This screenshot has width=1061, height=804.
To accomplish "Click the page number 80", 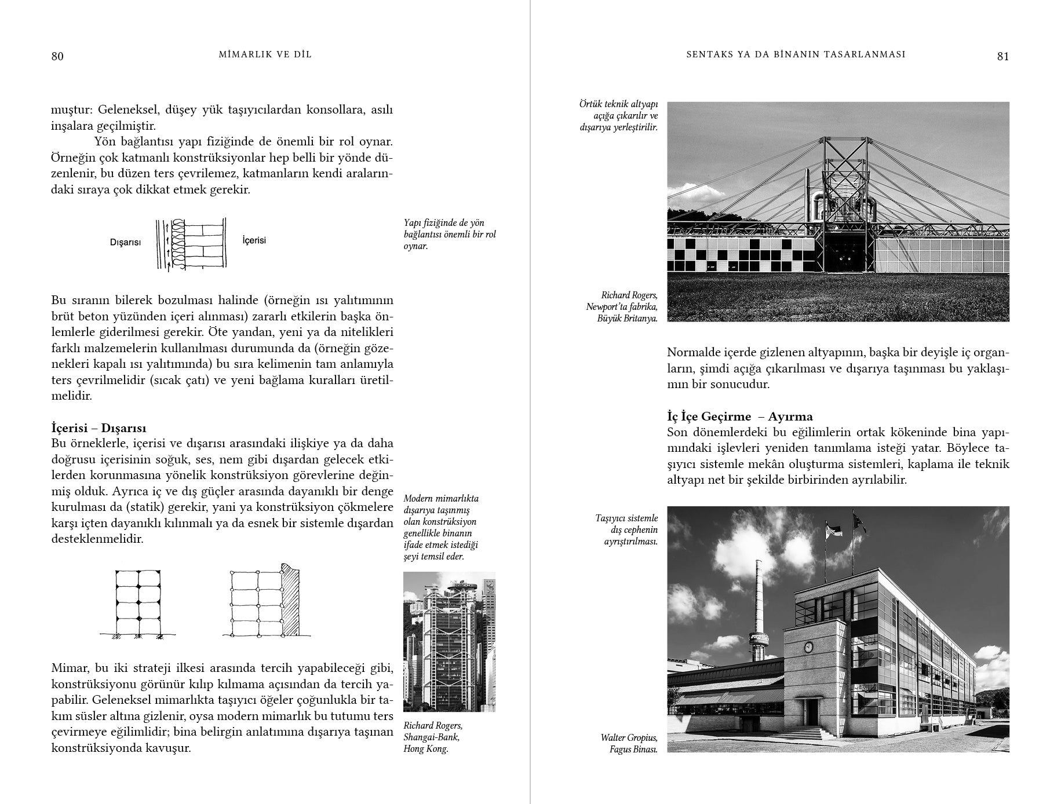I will pyautogui.click(x=57, y=56).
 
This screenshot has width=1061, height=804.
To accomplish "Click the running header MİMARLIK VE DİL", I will pyautogui.click(x=265, y=54).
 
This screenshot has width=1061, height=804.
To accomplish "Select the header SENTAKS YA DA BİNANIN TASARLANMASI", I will pyautogui.click(x=796, y=54).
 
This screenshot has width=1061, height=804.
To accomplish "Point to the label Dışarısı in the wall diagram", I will pyautogui.click(x=125, y=242).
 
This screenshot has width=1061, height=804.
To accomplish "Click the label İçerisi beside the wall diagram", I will pyautogui.click(x=254, y=240).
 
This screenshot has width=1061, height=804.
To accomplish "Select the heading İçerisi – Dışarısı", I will pyautogui.click(x=99, y=428).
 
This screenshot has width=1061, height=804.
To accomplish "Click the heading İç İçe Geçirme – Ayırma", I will pyautogui.click(x=739, y=416).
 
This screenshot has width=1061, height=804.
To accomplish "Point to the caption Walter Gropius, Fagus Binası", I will pyautogui.click(x=629, y=743).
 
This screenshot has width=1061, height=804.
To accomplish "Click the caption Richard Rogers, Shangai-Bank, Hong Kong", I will pyautogui.click(x=432, y=737).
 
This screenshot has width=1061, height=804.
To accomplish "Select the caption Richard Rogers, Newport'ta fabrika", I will pyautogui.click(x=622, y=306).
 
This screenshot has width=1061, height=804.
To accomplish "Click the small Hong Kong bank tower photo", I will pyautogui.click(x=449, y=641).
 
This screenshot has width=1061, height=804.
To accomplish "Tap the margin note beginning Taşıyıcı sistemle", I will pyautogui.click(x=626, y=529).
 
